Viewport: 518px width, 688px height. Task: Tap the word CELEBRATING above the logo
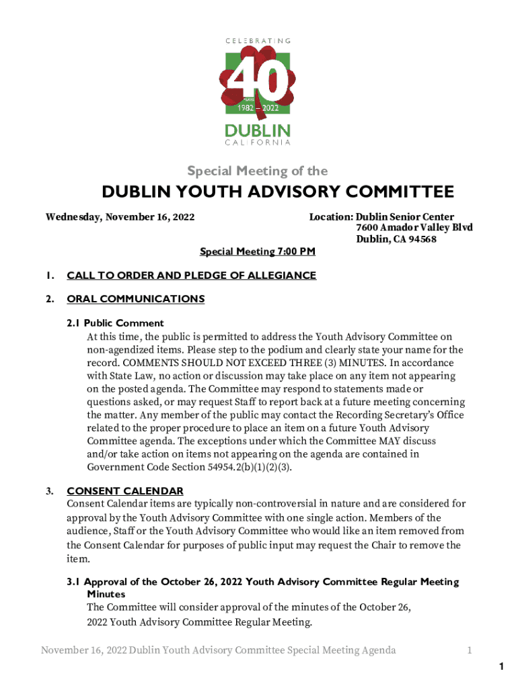click(x=258, y=41)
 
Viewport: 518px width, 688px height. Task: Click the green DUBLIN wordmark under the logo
click(x=258, y=130)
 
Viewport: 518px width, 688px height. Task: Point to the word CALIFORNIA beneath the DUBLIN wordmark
click(x=258, y=142)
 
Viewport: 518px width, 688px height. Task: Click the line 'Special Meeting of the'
click(x=258, y=171)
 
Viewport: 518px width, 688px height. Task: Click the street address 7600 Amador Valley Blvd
click(x=414, y=228)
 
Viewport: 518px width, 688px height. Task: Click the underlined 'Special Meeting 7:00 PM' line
click(x=258, y=251)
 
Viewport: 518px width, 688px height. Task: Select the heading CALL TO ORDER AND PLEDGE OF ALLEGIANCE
click(x=191, y=275)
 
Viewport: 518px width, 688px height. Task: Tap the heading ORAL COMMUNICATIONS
click(x=135, y=299)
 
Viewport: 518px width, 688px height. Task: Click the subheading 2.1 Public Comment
click(x=115, y=322)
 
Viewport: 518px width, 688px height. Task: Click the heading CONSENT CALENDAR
click(x=125, y=491)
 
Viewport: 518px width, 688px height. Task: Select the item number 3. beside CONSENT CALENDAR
click(x=50, y=491)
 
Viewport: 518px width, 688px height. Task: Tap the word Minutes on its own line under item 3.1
click(x=106, y=595)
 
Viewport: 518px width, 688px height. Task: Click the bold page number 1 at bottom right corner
click(x=501, y=666)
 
